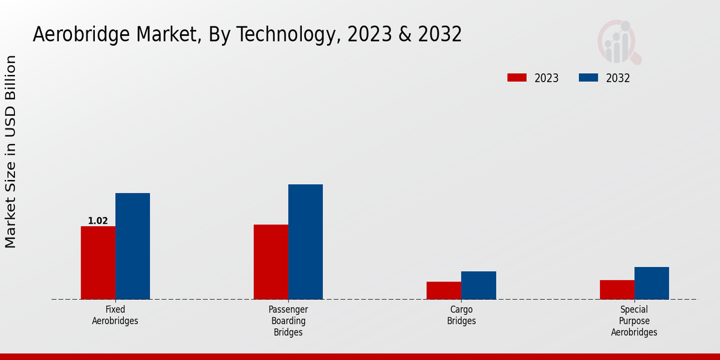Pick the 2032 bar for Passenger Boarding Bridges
pyautogui.click(x=305, y=242)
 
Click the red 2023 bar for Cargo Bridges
pyautogui.click(x=444, y=290)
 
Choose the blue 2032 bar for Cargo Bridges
pyautogui.click(x=479, y=285)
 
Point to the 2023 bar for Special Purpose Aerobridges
pyautogui.click(x=617, y=290)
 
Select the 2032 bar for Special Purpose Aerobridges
pyautogui.click(x=652, y=283)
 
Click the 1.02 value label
pyautogui.click(x=98, y=221)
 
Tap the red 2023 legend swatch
pyautogui.click(x=517, y=77)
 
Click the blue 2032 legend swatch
pyautogui.click(x=589, y=77)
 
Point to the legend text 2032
pyautogui.click(x=618, y=78)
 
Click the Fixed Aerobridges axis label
pyautogui.click(x=115, y=315)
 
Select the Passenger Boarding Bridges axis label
pyautogui.click(x=288, y=320)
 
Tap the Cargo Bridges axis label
pyautogui.click(x=461, y=315)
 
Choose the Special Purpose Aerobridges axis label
pyautogui.click(x=634, y=320)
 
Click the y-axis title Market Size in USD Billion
pyautogui.click(x=11, y=152)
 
